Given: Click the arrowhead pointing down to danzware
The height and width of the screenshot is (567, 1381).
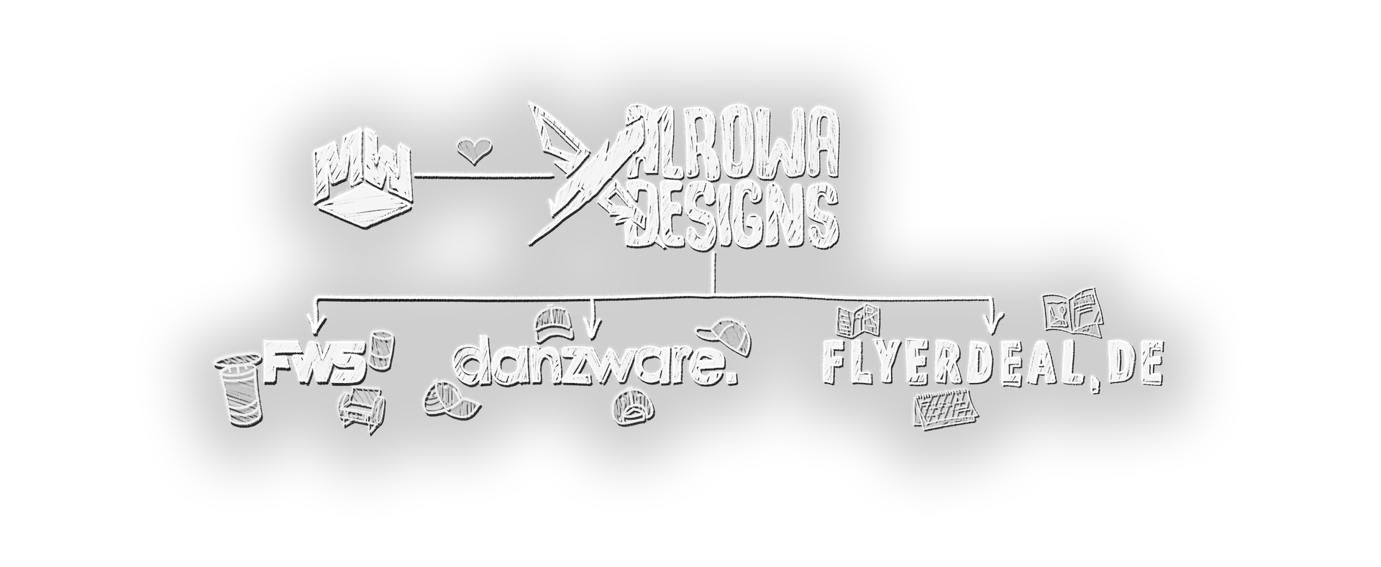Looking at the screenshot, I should [591, 330].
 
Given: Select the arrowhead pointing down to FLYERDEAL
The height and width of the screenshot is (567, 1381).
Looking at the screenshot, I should [993, 321].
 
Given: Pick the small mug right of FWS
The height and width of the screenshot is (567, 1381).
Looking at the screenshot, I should [381, 348].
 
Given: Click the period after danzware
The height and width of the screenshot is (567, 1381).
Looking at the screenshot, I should [731, 377].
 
